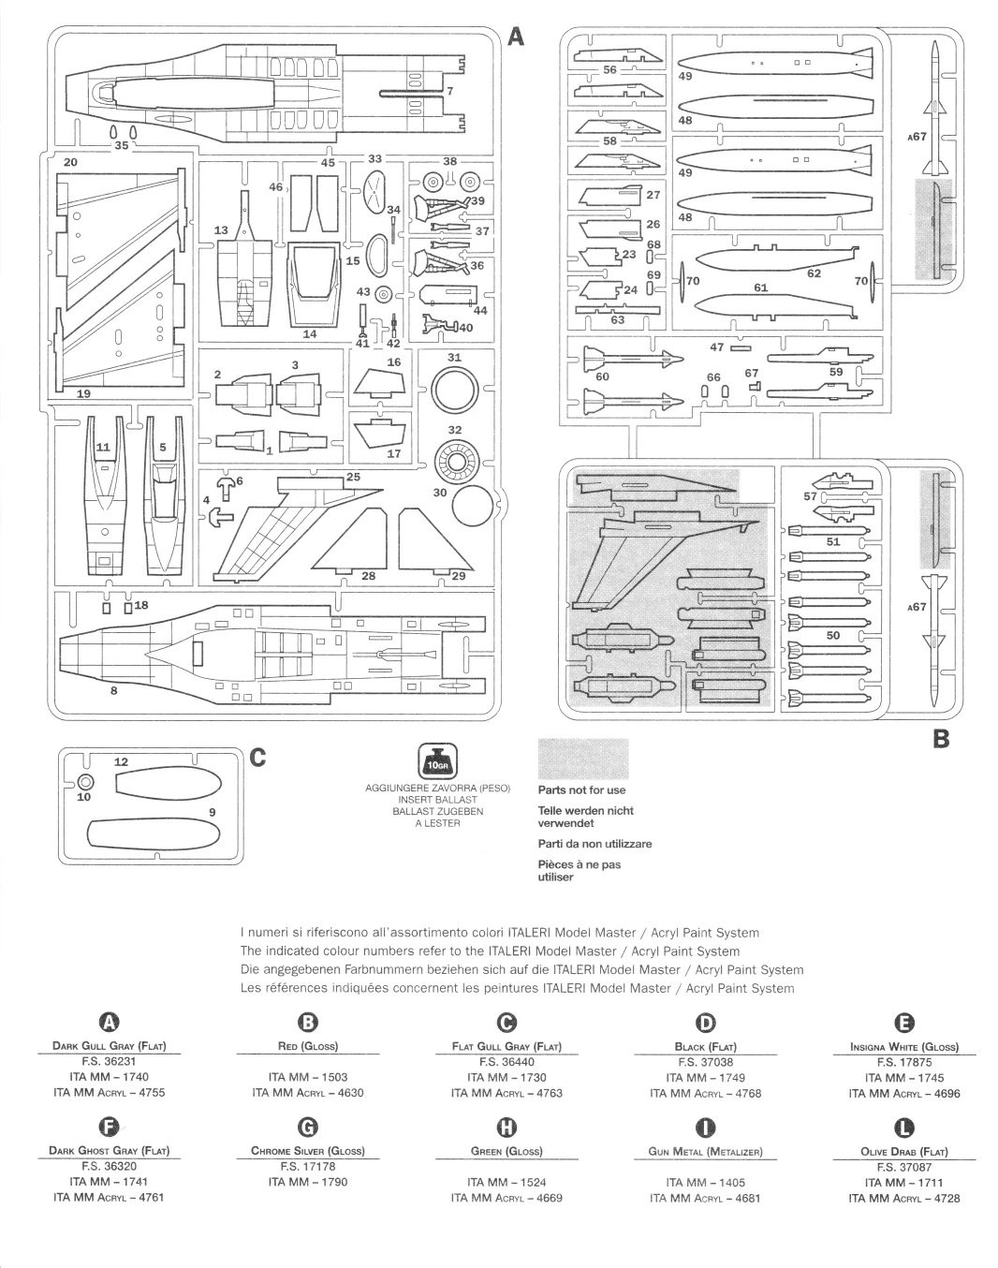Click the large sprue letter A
(x=517, y=37)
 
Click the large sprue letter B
(x=941, y=739)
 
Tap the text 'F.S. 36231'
(x=110, y=1062)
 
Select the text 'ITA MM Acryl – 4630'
(x=308, y=1093)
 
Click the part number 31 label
(x=455, y=358)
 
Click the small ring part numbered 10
(x=85, y=782)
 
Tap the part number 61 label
(x=760, y=288)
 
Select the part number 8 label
(x=113, y=691)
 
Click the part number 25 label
(x=353, y=477)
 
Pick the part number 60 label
(x=602, y=376)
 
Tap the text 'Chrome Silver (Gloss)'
(x=308, y=1151)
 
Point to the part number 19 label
(x=83, y=394)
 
